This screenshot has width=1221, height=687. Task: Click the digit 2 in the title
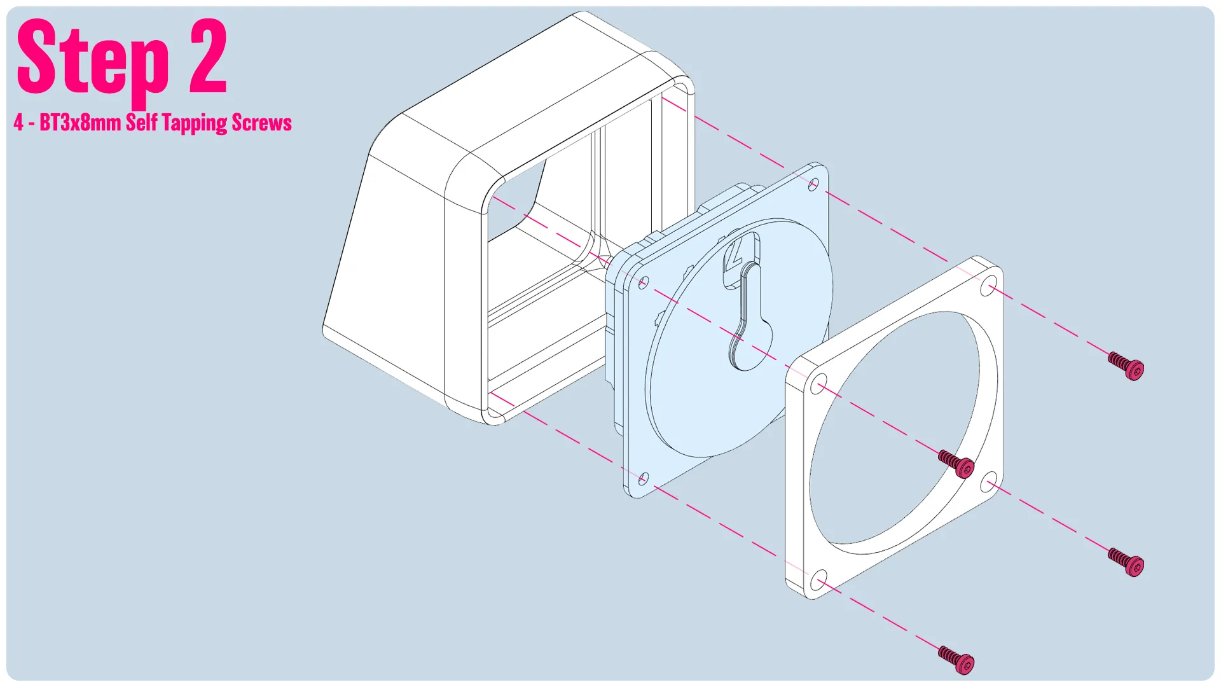(208, 56)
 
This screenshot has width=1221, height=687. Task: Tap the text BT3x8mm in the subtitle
(80, 122)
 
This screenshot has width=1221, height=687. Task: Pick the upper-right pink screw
(1126, 366)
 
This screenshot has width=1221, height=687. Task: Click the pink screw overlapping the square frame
(956, 464)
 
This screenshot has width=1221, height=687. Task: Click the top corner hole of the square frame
(989, 286)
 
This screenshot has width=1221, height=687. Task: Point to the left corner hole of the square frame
(820, 385)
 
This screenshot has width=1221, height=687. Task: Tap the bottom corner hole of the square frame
(820, 581)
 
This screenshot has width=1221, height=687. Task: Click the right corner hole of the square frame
(989, 482)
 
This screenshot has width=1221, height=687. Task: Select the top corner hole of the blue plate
(813, 184)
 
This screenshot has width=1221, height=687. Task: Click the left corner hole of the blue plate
(643, 282)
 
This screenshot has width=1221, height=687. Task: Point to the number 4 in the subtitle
(19, 122)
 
